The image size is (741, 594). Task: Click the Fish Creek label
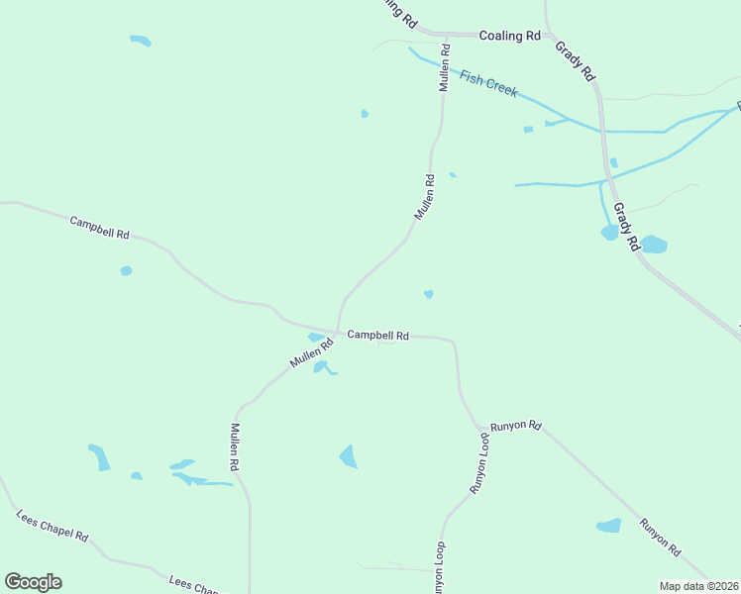(x=488, y=83)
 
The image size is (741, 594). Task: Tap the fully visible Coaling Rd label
(x=509, y=36)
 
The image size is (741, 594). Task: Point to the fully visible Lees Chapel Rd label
(x=53, y=526)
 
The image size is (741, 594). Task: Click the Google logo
(x=33, y=582)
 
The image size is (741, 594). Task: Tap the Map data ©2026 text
(x=696, y=586)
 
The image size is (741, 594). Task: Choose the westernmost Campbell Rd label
(x=99, y=228)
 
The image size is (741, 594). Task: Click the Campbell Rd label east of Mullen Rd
(x=377, y=336)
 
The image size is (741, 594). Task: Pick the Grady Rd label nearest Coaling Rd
(x=575, y=59)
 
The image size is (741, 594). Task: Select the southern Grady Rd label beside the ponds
(x=625, y=227)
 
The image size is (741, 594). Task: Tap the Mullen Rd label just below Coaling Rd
(x=446, y=67)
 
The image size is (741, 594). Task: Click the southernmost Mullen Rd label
(x=236, y=446)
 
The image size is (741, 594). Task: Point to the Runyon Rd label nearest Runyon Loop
(x=520, y=426)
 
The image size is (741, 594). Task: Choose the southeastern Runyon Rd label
(x=660, y=537)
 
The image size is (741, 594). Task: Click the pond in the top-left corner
(x=141, y=41)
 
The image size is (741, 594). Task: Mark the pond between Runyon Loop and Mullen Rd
(x=348, y=456)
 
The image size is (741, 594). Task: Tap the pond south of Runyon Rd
(x=608, y=526)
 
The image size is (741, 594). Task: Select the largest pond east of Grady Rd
(x=654, y=244)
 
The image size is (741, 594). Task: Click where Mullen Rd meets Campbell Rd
(x=337, y=332)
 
